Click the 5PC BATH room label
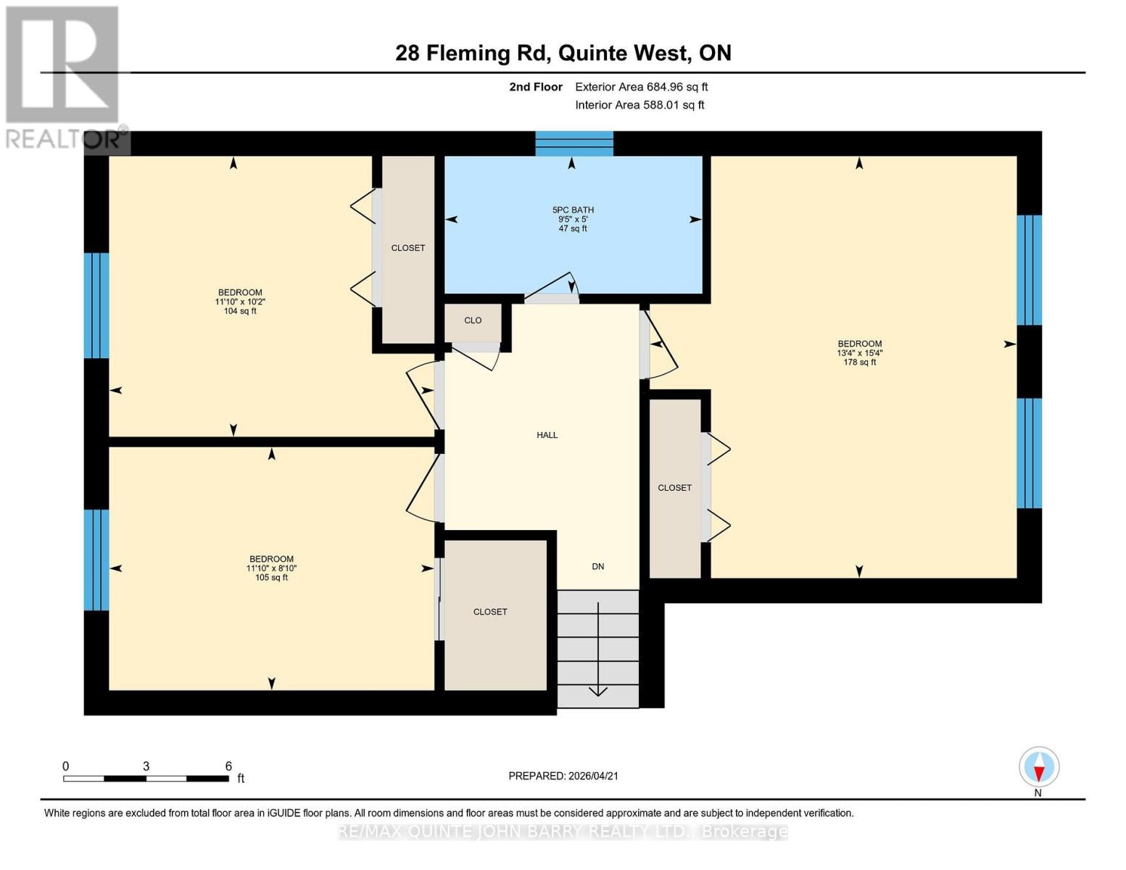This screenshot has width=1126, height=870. pyautogui.click(x=573, y=210)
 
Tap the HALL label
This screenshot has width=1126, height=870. pyautogui.click(x=547, y=435)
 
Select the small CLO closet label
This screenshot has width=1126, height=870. pyautogui.click(x=473, y=320)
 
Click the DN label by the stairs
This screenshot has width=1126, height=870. pyautogui.click(x=598, y=567)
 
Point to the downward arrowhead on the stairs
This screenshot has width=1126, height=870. pyautogui.click(x=598, y=691)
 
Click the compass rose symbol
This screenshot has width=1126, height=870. pyautogui.click(x=1038, y=767)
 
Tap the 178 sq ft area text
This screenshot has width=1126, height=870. pyautogui.click(x=860, y=362)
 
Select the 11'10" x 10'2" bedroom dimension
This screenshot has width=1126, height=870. pyautogui.click(x=240, y=302)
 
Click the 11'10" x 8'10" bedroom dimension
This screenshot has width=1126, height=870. pyautogui.click(x=271, y=568)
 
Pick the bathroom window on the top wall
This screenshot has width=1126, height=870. pyautogui.click(x=574, y=144)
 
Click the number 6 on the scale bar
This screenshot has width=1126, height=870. pyautogui.click(x=228, y=766)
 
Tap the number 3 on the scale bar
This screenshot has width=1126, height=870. pyautogui.click(x=146, y=766)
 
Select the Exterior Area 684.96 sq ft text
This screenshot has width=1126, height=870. pyautogui.click(x=642, y=87)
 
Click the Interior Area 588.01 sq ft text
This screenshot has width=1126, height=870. pyautogui.click(x=640, y=105)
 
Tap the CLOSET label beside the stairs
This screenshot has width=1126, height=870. pyautogui.click(x=489, y=612)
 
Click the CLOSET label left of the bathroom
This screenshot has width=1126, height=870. pyautogui.click(x=407, y=248)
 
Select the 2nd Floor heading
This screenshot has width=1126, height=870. pyautogui.click(x=536, y=87)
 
